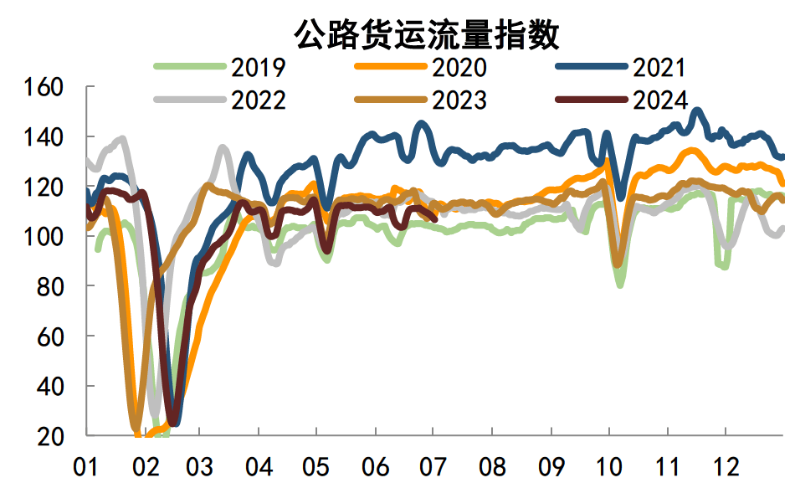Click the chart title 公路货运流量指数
tap(427, 34)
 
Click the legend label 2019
tap(259, 68)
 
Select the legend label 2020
tap(459, 68)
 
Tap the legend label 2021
tap(660, 68)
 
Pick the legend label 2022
tap(259, 100)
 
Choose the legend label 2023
tap(459, 100)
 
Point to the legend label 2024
tap(660, 100)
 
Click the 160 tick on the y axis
tap(45, 87)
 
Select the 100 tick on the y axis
tap(45, 237)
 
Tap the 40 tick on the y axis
tap(52, 387)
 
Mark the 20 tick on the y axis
tap(52, 436)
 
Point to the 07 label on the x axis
tap(433, 465)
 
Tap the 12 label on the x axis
tap(725, 465)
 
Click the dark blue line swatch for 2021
tap(591, 66)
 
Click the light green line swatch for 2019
tap(191, 66)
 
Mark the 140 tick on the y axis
tap(45, 137)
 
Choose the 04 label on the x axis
tap(259, 465)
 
